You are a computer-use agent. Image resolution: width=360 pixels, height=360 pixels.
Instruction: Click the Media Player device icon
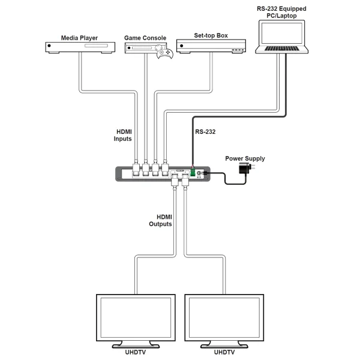pos(79,47)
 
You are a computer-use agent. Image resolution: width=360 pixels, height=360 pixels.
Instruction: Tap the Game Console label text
pos(145,37)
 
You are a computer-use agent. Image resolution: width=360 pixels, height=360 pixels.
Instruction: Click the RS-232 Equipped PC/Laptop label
pos(280,11)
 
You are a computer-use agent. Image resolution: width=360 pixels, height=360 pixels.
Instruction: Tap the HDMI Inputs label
pos(122,135)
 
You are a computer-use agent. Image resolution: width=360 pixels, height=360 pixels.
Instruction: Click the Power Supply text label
pos(245,158)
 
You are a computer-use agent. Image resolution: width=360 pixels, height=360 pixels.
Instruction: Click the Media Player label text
pos(79,37)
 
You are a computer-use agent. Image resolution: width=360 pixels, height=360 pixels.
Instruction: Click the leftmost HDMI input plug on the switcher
pos(136,169)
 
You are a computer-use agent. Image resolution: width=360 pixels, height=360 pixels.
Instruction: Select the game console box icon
pos(144,47)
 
